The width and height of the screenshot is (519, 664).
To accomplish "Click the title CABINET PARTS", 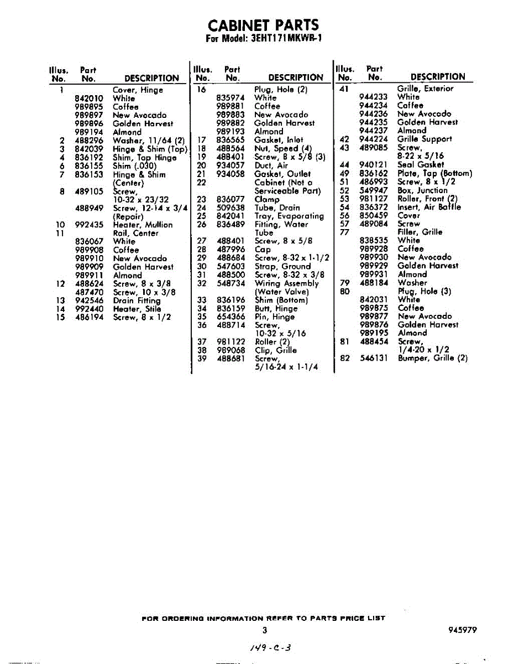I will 263,25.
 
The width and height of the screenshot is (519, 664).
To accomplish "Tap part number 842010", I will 89,98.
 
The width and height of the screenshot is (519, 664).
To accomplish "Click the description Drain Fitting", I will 137,300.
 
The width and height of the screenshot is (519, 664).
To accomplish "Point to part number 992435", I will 89,225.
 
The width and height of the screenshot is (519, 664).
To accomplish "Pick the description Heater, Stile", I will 137,309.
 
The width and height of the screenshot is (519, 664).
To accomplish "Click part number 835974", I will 231,98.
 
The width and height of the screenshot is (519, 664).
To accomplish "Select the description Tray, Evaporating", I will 289,216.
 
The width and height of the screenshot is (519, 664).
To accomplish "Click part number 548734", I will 231,283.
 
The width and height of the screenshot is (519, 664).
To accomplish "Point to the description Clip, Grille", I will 276,350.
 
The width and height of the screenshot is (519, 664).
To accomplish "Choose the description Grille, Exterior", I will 425,89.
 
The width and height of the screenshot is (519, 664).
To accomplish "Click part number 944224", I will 374,139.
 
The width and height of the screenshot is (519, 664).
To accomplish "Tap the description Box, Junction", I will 422,190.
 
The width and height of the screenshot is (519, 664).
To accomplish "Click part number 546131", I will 374,358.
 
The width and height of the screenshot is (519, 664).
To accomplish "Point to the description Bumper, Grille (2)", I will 433,358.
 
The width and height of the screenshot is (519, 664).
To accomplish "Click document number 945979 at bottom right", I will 463,630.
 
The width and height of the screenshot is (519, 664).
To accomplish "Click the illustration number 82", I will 345,358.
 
